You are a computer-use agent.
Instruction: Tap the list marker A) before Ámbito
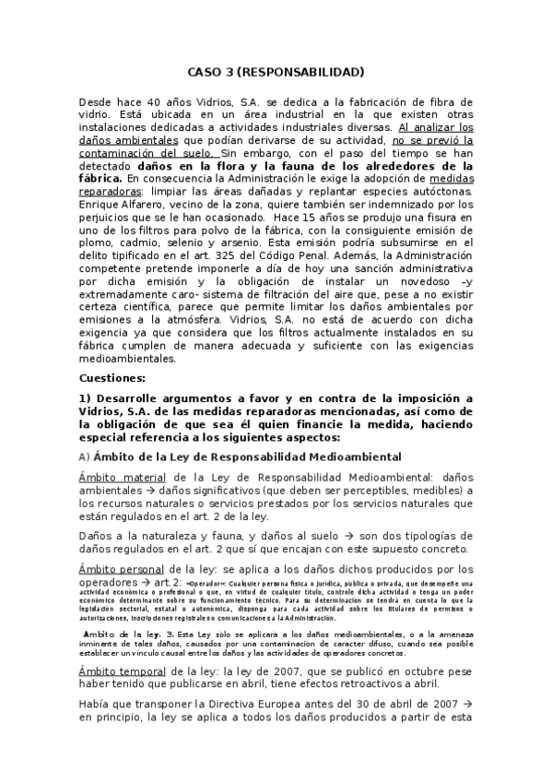click(x=83, y=456)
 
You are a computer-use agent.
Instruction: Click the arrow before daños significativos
click(x=130, y=490)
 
